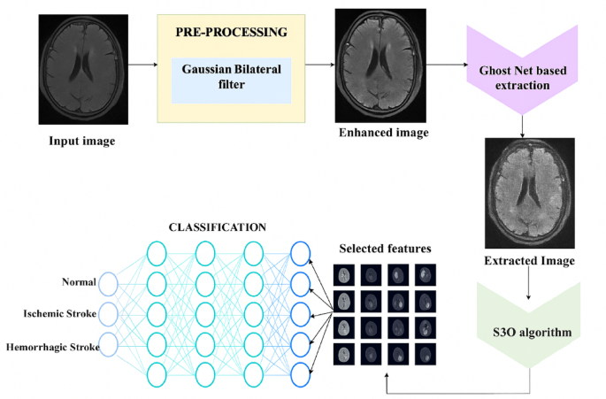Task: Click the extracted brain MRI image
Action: [531, 193]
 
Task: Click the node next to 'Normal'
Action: [108, 283]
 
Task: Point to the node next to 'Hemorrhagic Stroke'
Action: [108, 341]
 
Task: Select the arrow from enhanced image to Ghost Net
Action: [441, 65]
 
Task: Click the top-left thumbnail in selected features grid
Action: [343, 274]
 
